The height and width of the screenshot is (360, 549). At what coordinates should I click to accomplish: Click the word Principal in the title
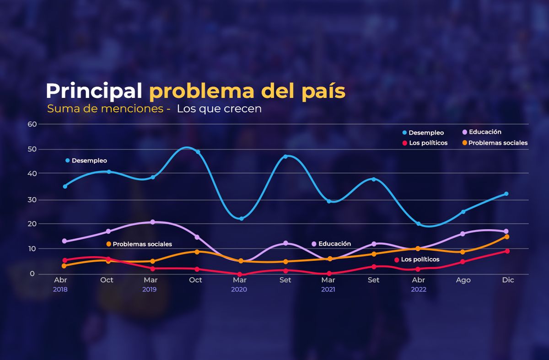[x=94, y=91]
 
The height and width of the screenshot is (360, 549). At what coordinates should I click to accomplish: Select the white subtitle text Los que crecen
[x=219, y=109]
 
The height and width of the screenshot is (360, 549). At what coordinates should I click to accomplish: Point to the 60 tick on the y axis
[x=32, y=124]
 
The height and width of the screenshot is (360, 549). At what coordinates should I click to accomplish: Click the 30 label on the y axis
[x=32, y=200]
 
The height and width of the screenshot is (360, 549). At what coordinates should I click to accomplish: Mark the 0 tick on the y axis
[x=32, y=274]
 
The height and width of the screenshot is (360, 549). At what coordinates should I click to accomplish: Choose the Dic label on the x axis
[x=508, y=280]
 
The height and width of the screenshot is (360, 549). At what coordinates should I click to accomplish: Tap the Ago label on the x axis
[x=463, y=280]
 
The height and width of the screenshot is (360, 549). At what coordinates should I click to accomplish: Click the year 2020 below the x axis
[x=239, y=290]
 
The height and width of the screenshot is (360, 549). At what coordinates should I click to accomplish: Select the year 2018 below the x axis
[x=60, y=290]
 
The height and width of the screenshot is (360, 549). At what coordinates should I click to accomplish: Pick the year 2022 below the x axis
[x=418, y=290]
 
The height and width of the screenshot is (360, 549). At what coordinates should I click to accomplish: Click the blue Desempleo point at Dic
[x=506, y=194]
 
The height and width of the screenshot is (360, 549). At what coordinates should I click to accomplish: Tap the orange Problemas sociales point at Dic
[x=507, y=236]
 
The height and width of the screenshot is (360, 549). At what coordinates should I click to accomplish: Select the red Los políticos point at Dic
[x=507, y=251]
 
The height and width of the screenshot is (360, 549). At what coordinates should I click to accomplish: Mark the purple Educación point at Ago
[x=463, y=234]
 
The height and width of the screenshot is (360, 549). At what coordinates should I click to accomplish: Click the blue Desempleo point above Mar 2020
[x=242, y=219]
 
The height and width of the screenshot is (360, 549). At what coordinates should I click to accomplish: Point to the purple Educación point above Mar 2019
[x=153, y=222]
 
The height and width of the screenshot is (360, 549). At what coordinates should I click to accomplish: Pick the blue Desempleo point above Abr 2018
[x=65, y=186]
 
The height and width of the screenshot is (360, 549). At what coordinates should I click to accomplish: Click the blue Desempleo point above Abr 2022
[x=418, y=224]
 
